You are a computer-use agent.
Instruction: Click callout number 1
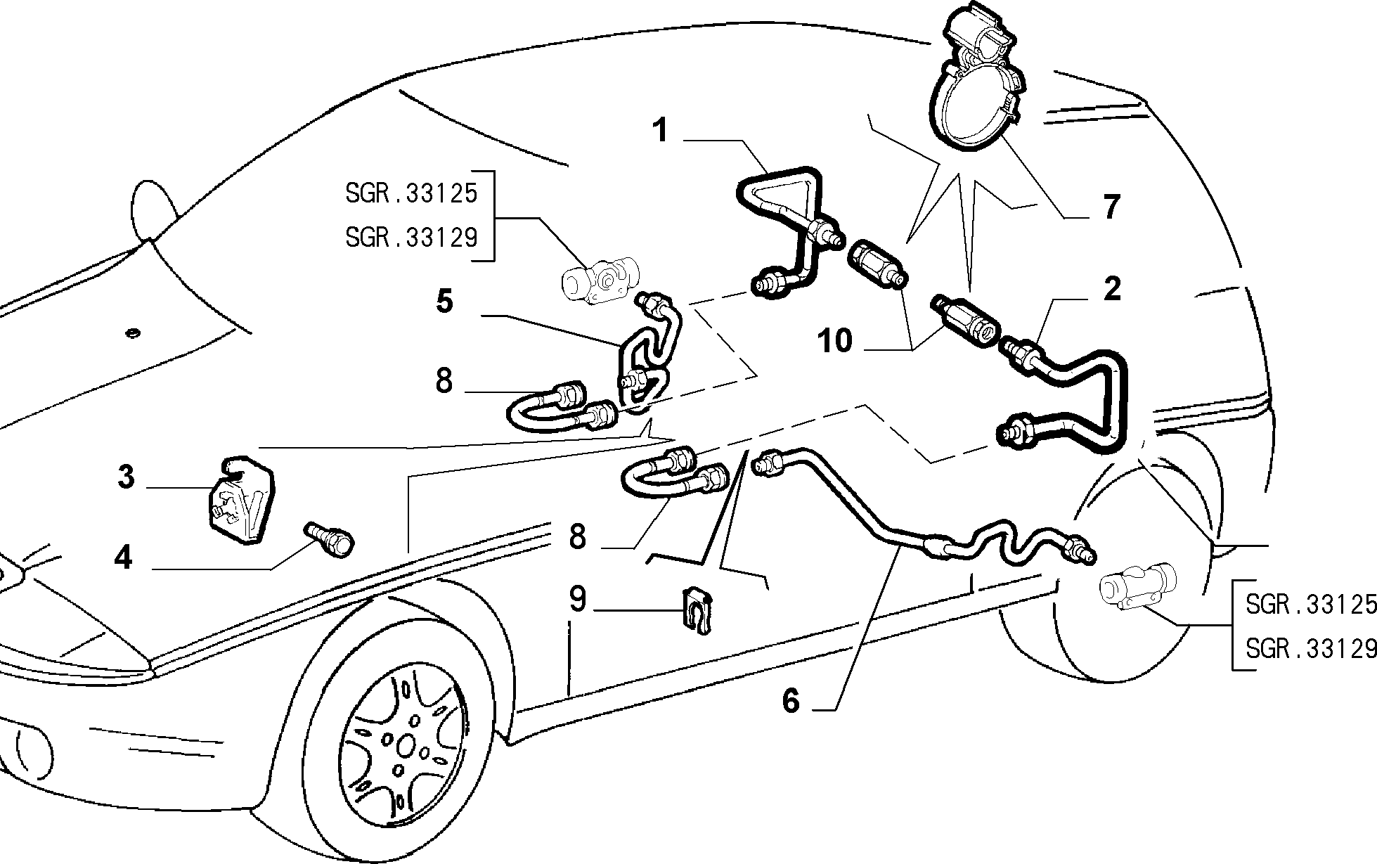coord(660,131)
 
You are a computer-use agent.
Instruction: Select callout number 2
coord(1111,289)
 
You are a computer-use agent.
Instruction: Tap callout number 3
coord(126,477)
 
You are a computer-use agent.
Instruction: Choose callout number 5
coord(444,302)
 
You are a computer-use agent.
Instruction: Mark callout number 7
coord(1111,207)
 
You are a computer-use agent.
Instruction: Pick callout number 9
coord(577,600)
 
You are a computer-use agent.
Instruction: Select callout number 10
coord(835,342)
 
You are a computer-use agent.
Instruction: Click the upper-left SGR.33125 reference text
coord(411,193)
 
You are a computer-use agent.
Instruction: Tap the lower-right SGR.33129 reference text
coord(1311,648)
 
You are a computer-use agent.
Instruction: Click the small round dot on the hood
coord(132,333)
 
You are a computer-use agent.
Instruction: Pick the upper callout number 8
coord(444,381)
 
